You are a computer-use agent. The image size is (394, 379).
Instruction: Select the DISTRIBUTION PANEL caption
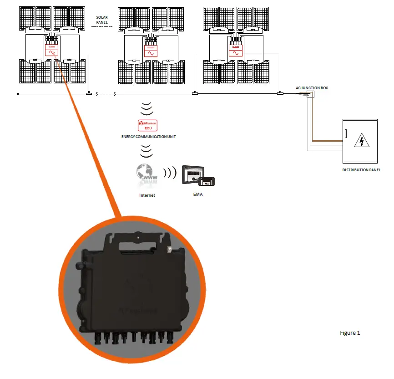[361, 170]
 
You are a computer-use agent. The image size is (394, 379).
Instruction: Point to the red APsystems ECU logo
[146, 126]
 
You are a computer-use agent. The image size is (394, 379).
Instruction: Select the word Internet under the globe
[147, 195]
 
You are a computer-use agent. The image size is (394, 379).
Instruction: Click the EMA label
[197, 195]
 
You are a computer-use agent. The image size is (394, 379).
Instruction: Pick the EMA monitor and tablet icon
[198, 175]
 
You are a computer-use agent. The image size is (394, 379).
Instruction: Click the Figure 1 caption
[350, 333]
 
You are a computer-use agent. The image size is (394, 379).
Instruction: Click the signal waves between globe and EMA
[170, 174]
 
